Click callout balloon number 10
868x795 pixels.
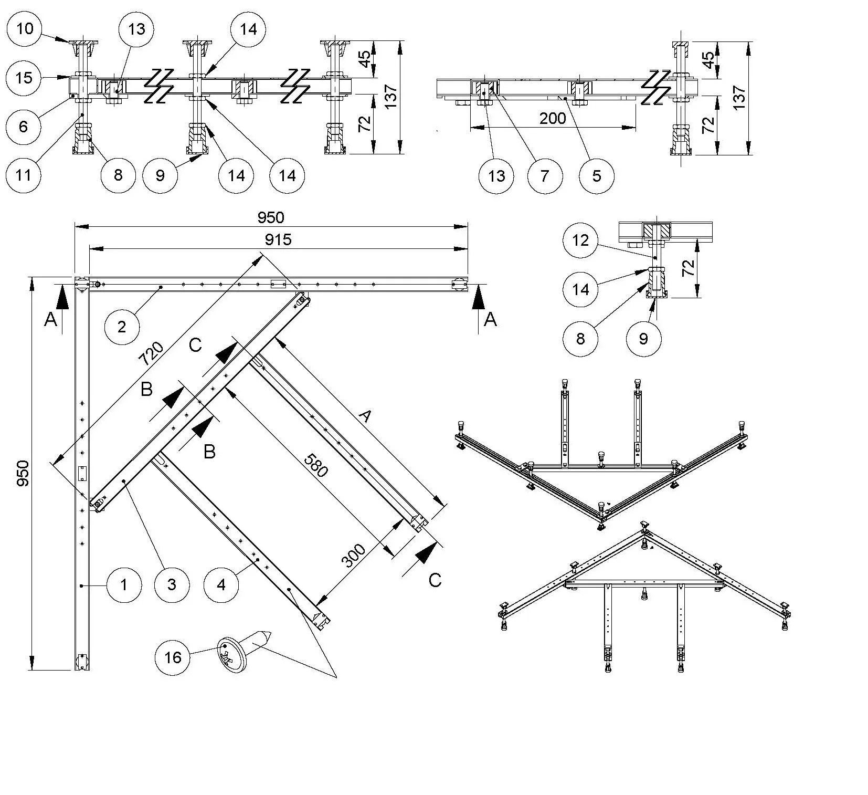tap(24, 28)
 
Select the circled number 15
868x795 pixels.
tap(24, 78)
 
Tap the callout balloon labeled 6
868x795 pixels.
tap(23, 126)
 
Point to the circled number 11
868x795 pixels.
tap(23, 175)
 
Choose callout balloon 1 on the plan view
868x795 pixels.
tap(124, 584)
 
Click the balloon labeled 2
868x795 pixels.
tap(122, 327)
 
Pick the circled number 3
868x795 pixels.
tap(172, 584)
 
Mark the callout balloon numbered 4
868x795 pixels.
tap(221, 584)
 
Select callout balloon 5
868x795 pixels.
tap(597, 175)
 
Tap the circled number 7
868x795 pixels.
tap(545, 175)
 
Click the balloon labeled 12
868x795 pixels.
tap(580, 240)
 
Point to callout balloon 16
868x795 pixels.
tap(173, 657)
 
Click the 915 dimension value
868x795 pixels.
tap(278, 240)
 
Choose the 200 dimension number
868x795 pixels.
tap(553, 118)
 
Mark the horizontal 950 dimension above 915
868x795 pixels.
tap(271, 217)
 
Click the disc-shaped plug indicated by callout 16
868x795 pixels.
tap(232, 654)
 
